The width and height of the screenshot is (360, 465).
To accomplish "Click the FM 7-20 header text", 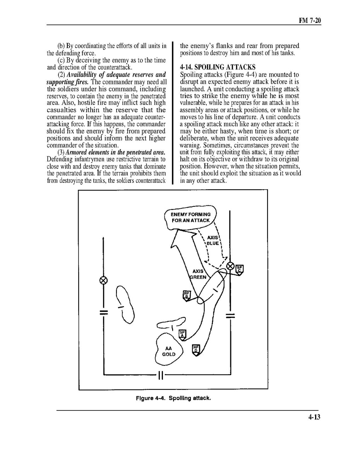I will click(x=310, y=21).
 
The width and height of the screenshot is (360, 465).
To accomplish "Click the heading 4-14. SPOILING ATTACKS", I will click(x=218, y=67).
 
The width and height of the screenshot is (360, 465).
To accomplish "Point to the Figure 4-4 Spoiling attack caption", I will click(x=173, y=398).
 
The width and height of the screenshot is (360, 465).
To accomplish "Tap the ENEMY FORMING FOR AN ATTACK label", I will click(x=190, y=217).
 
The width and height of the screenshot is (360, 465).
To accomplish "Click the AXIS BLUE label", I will click(x=213, y=240).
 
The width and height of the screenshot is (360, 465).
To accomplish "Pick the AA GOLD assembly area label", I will click(x=168, y=351).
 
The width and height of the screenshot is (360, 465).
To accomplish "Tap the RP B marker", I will click(x=187, y=295).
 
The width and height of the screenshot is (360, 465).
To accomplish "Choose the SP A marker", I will click(x=182, y=334).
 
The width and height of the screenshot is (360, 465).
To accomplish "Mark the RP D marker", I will click(x=196, y=350).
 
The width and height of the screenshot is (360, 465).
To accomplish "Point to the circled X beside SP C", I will click(x=230, y=266).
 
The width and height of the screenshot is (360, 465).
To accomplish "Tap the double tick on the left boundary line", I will click(x=103, y=312).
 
